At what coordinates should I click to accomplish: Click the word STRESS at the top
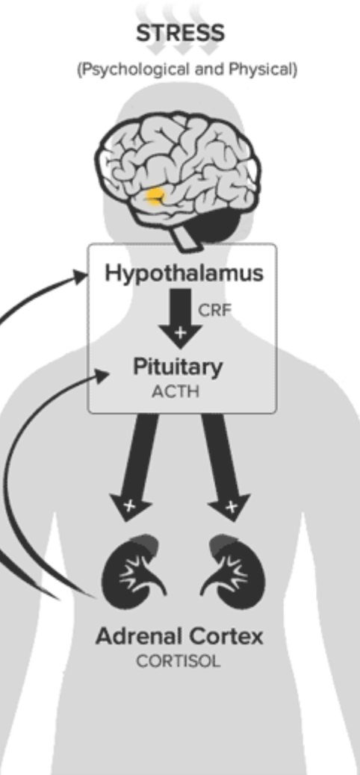coord(180,34)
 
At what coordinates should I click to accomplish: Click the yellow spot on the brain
coord(155,196)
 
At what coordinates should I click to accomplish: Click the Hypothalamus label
coord(184,273)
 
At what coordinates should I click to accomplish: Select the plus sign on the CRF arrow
coord(179,332)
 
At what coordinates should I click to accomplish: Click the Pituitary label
coord(178,367)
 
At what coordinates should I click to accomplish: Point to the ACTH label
coord(176,391)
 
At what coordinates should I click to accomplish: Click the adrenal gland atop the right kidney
coord(223,544)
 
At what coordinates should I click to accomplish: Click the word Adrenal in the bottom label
coord(138,637)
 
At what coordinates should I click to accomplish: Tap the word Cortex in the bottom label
coord(226,637)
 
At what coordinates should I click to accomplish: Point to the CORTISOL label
coord(179,662)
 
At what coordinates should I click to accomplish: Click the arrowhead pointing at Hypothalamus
coord(80,276)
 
